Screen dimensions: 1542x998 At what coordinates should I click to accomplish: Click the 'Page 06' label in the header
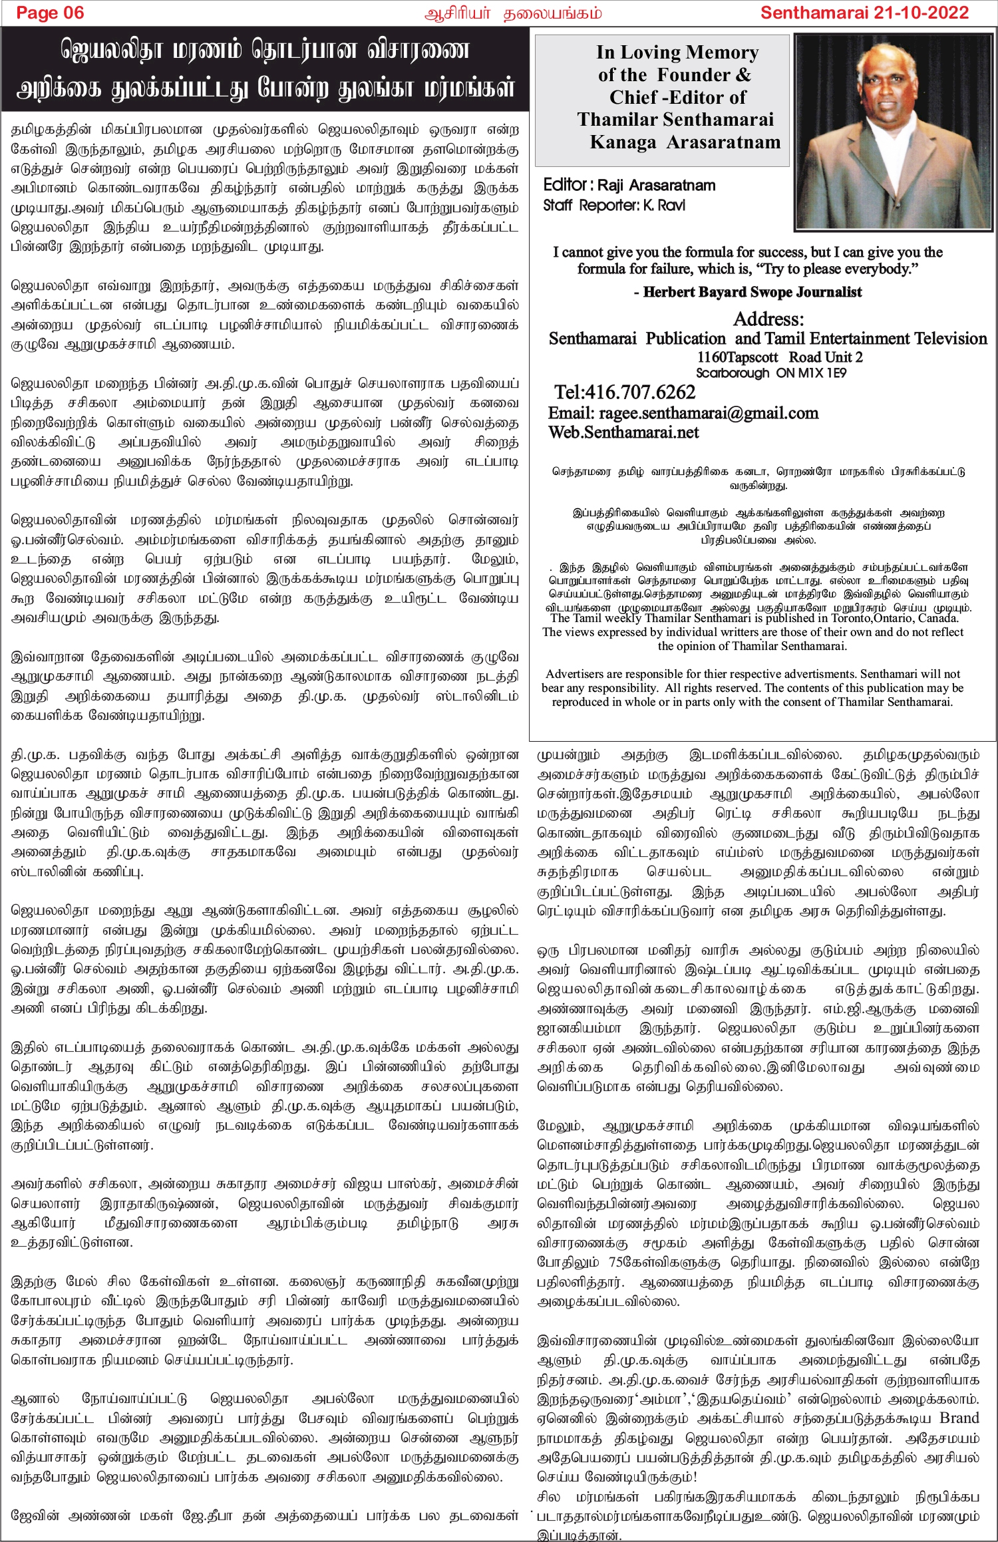[50, 13]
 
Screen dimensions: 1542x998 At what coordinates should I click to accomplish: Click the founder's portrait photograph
[893, 132]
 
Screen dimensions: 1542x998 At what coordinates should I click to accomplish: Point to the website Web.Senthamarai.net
[623, 432]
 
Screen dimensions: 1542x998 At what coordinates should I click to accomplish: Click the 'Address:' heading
[768, 319]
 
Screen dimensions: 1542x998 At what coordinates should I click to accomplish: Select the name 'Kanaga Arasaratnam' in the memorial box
[685, 142]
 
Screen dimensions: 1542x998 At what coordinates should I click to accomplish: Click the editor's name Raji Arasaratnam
[656, 185]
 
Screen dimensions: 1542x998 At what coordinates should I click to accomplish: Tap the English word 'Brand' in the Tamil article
[959, 1418]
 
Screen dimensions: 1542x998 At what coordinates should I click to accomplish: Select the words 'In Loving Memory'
[677, 52]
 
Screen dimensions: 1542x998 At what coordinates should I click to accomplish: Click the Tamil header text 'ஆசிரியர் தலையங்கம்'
[512, 13]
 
